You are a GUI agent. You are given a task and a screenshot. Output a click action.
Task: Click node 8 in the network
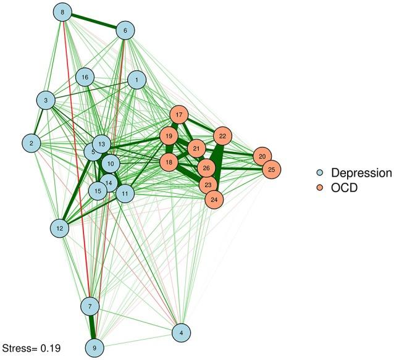[62, 12]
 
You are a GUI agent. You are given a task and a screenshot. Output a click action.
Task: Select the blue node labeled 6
[125, 30]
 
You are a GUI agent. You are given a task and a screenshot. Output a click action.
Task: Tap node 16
[85, 77]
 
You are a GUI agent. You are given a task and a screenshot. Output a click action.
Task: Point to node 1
[136, 79]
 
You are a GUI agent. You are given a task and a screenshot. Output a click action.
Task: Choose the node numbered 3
[46, 99]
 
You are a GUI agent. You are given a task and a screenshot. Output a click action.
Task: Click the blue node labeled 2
[30, 143]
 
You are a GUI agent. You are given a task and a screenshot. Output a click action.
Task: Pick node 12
[60, 228]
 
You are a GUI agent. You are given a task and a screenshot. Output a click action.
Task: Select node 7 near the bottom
[90, 306]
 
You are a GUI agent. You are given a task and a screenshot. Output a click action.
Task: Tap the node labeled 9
[94, 348]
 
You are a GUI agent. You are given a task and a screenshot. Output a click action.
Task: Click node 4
[182, 333]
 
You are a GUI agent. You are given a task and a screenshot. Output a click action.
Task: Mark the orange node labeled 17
[179, 115]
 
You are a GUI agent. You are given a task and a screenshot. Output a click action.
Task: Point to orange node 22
[223, 136]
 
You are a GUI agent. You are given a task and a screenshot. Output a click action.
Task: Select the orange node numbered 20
[262, 156]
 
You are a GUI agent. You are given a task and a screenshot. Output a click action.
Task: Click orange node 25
[270, 169]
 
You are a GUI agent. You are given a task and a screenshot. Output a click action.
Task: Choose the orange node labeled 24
[214, 199]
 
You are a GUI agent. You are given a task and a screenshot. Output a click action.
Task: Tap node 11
[125, 193]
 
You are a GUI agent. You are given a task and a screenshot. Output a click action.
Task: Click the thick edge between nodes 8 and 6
[94, 21]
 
